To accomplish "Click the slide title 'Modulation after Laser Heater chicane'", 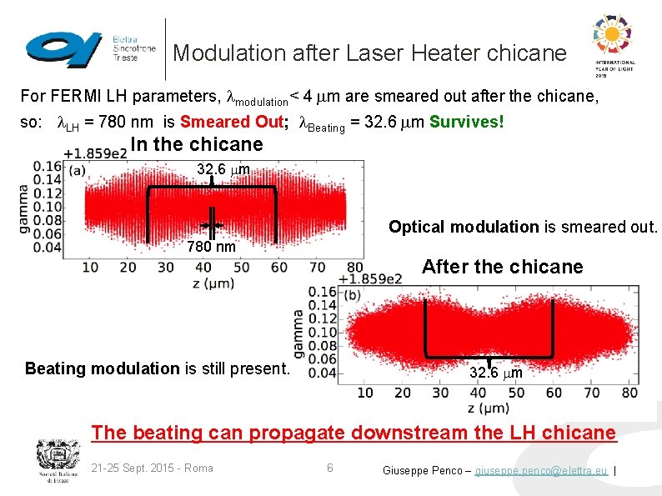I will tap(369, 53).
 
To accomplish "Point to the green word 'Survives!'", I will tap(467, 122).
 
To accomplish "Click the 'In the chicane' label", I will tap(197, 144).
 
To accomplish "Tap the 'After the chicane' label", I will tap(502, 267).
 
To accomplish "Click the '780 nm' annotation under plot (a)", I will tap(211, 247).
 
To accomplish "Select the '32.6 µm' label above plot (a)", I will tap(223, 170).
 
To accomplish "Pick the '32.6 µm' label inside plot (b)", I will tap(495, 373).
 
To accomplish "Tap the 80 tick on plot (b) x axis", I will tap(629, 393).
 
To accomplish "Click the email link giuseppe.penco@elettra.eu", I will tap(541, 470).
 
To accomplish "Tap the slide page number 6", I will tap(329, 468).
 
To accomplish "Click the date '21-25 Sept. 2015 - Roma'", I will tap(153, 468).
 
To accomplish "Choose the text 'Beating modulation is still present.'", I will tap(157, 368).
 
